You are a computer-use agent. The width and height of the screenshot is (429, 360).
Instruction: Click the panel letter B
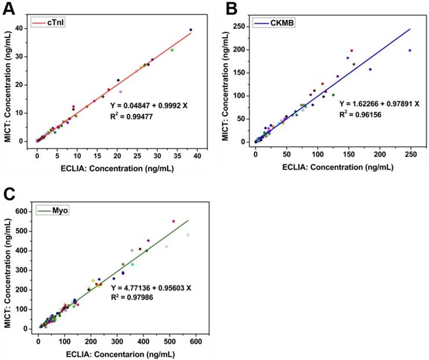tap(232, 9)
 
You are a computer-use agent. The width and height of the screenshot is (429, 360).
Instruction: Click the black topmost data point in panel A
tap(190, 30)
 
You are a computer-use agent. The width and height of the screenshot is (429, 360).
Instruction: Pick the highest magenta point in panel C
tap(173, 221)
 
